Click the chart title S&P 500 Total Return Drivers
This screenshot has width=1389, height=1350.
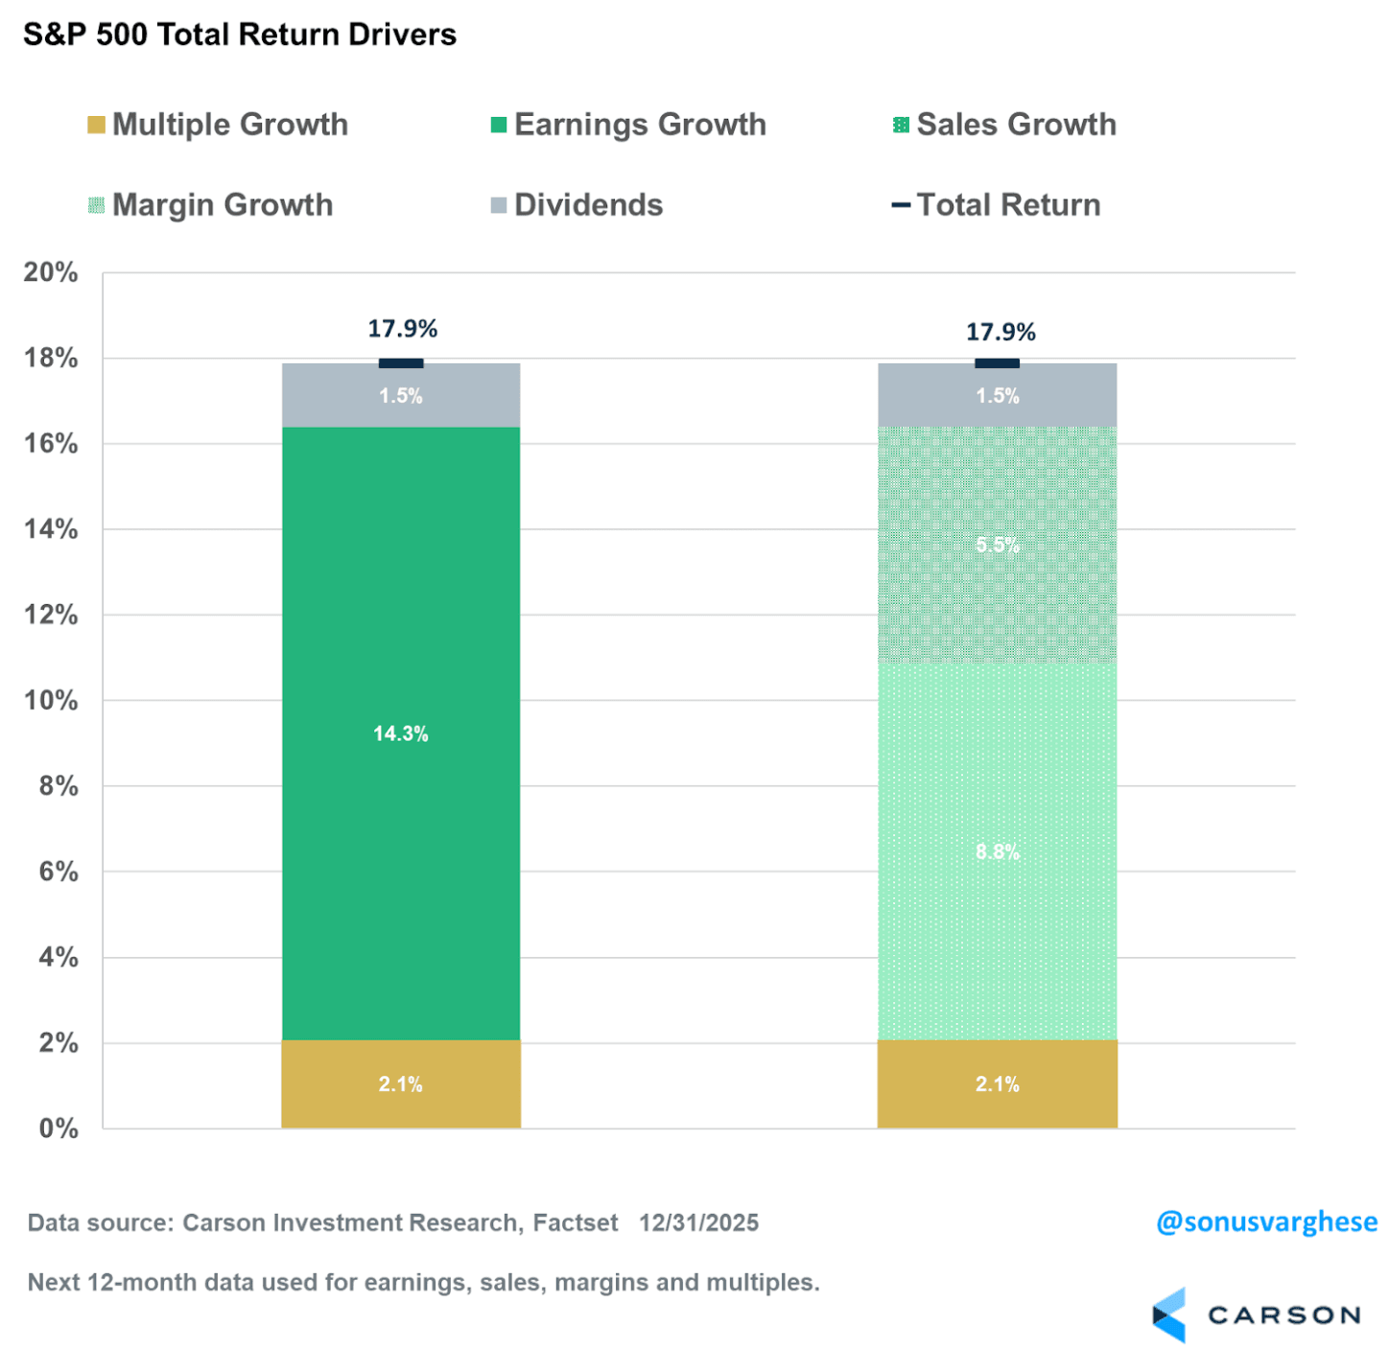[x=240, y=35]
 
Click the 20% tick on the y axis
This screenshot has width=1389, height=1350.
[x=51, y=272]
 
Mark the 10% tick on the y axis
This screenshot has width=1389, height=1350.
[x=51, y=700]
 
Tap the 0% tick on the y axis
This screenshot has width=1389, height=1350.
[x=58, y=1129]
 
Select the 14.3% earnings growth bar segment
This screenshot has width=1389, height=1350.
[x=401, y=733]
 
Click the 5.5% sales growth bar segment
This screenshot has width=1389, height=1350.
[x=998, y=545]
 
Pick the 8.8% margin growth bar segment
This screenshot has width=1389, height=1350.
[x=998, y=851]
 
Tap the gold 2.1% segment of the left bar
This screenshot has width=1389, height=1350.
[x=401, y=1084]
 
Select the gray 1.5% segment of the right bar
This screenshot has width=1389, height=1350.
[x=998, y=395]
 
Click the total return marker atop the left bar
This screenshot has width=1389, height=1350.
[x=401, y=363]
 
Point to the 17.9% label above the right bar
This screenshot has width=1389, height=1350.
[x=1001, y=332]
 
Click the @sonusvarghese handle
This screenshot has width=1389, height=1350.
[x=1266, y=1222]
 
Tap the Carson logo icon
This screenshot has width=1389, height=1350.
[x=1169, y=1315]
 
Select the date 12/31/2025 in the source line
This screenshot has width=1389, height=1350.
[x=698, y=1223]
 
